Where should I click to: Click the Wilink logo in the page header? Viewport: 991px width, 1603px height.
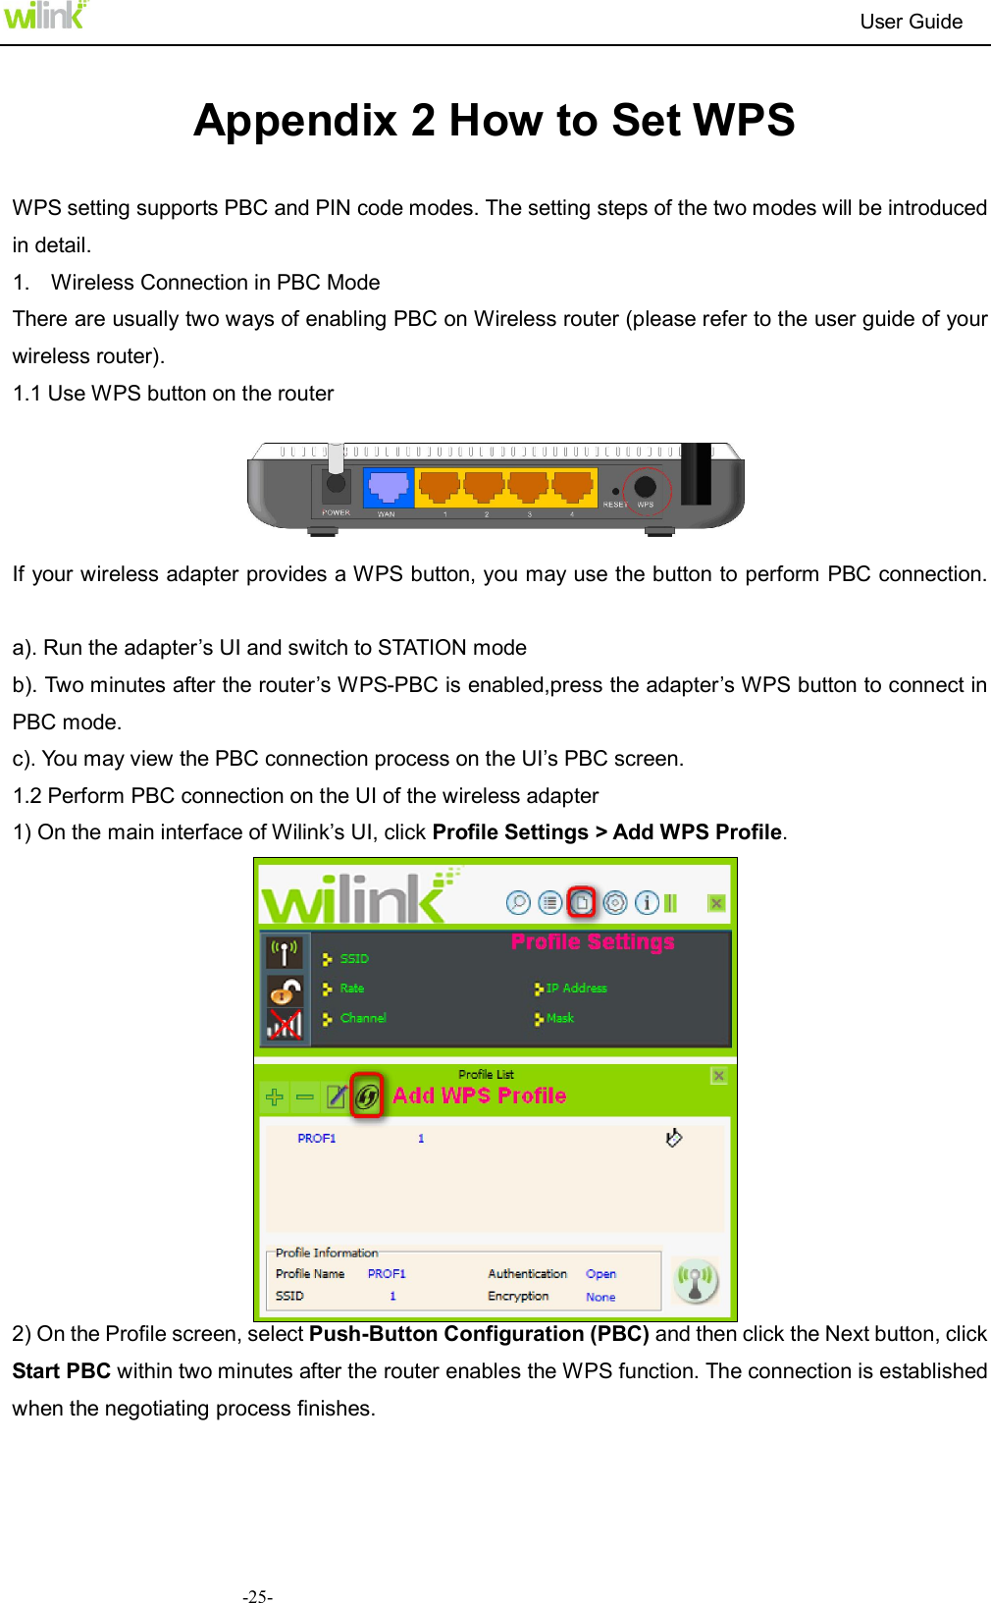45,16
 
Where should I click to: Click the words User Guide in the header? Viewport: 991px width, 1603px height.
911,22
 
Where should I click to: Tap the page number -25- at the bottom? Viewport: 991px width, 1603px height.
258,1597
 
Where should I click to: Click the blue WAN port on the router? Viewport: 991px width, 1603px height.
388,487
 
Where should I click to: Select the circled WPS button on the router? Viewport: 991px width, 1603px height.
646,487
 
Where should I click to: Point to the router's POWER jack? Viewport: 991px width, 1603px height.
336,483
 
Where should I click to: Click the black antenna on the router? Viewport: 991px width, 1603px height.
696,473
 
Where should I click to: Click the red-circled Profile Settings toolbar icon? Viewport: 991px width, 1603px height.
582,902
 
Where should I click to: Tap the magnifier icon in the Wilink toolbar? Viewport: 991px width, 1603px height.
518,902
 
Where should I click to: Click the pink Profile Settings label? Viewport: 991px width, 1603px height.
593,942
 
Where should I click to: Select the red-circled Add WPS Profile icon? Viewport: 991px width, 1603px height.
367,1096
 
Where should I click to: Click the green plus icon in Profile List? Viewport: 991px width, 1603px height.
275,1097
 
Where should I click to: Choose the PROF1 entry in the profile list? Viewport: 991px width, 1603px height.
317,1139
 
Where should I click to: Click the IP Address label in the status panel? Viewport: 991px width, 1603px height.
576,989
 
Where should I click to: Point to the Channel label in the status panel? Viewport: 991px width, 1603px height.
363,1018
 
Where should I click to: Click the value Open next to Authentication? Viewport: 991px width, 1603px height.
600,1274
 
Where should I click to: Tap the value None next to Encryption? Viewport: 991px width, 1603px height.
600,1297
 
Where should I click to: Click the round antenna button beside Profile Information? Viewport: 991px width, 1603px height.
696,1281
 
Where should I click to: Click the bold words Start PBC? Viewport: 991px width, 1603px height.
61,1371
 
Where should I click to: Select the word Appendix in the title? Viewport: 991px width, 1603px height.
295,121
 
